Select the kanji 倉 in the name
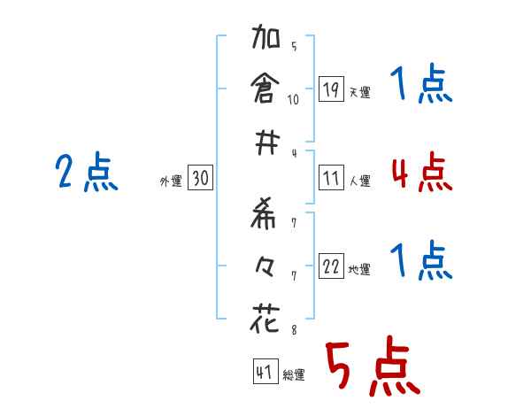click(x=265, y=89)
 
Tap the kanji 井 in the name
click(x=265, y=142)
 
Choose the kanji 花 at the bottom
click(x=265, y=316)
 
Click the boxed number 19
click(x=331, y=89)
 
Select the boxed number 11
click(x=331, y=178)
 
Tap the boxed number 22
click(x=331, y=266)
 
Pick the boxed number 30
click(x=200, y=178)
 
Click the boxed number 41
click(x=263, y=373)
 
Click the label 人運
click(x=359, y=181)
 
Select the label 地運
click(x=359, y=269)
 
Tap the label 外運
click(x=171, y=181)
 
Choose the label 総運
click(x=294, y=375)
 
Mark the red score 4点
click(x=421, y=172)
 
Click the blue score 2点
click(x=87, y=173)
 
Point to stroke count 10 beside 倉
click(x=293, y=99)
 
